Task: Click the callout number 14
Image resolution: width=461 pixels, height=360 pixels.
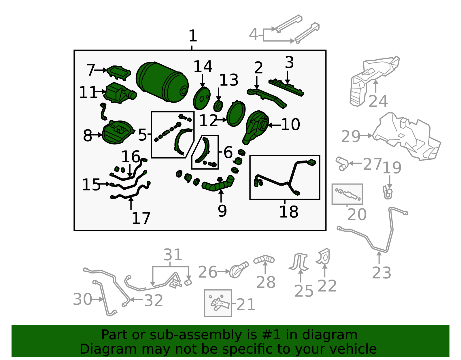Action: click(203, 67)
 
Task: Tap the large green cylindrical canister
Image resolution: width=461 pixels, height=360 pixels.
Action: click(162, 82)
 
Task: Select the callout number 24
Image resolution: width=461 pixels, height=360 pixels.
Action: click(378, 101)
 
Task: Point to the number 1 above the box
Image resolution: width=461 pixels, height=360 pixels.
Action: click(193, 36)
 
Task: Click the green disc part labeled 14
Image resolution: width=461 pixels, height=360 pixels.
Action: click(201, 98)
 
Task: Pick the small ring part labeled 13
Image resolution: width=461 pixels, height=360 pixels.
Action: click(218, 106)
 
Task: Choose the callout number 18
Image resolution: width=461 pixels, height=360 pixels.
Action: click(289, 212)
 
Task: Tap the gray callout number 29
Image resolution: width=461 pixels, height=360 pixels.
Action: click(350, 136)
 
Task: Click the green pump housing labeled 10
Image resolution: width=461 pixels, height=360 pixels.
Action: click(256, 127)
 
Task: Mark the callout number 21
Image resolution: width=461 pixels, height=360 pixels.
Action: click(245, 304)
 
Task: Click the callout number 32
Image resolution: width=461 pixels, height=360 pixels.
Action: click(153, 300)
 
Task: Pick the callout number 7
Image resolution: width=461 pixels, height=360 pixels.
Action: click(91, 70)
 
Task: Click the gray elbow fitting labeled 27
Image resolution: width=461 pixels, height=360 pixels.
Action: click(342, 163)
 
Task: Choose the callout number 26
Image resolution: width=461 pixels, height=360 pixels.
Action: click(207, 272)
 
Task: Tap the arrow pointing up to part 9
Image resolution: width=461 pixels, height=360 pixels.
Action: click(221, 196)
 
